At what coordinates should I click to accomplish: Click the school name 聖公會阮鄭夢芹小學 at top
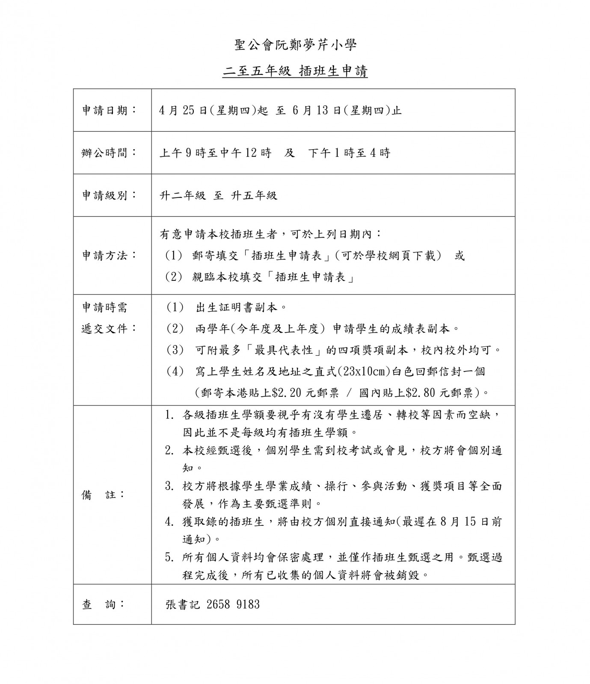pyautogui.click(x=295, y=45)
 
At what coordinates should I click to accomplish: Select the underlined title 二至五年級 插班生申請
pyautogui.click(x=295, y=71)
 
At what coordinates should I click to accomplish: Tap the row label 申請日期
pyautogui.click(x=109, y=110)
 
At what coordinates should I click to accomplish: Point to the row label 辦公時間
pyautogui.click(x=109, y=153)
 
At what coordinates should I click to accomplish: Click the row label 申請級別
pyautogui.click(x=109, y=195)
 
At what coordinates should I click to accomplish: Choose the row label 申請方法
pyautogui.click(x=109, y=256)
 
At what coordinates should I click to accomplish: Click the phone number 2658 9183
pyautogui.click(x=233, y=604)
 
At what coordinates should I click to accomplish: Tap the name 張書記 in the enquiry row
pyautogui.click(x=183, y=604)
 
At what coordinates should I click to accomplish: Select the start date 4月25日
pyautogui.click(x=183, y=110)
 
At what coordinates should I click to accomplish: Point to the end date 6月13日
pyautogui.click(x=317, y=110)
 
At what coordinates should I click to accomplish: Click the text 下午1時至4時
pyautogui.click(x=349, y=153)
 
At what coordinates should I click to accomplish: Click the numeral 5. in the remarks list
pyautogui.click(x=169, y=557)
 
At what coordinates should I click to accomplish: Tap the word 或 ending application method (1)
pyautogui.click(x=460, y=256)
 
